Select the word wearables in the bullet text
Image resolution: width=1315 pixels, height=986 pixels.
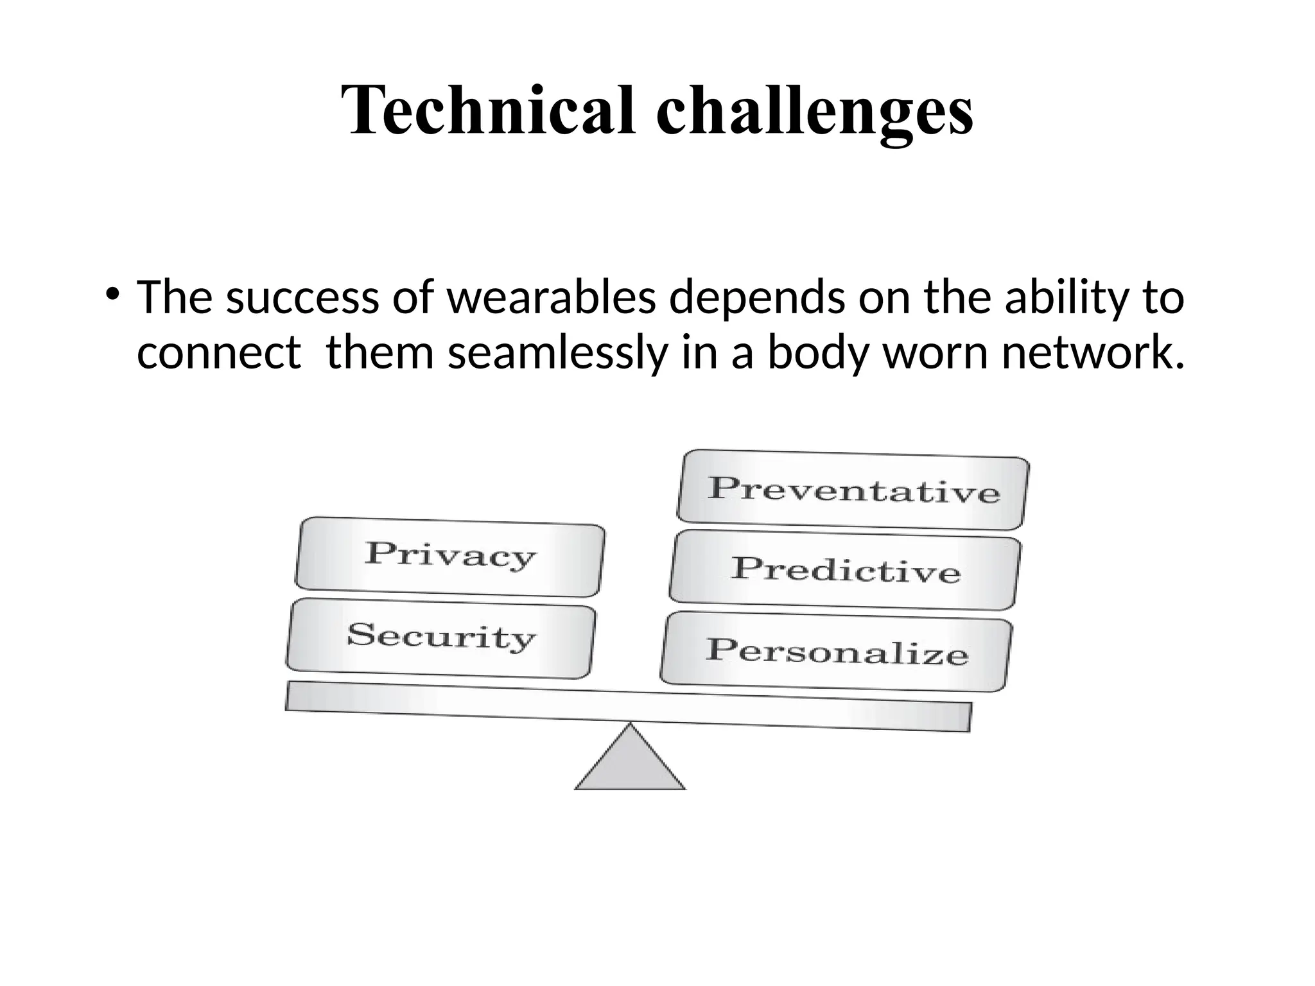[551, 298]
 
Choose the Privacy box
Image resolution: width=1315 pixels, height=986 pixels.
[449, 556]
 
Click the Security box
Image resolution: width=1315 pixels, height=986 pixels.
[440, 637]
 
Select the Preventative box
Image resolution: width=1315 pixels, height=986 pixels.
[853, 490]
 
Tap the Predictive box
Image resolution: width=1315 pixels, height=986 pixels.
[845, 570]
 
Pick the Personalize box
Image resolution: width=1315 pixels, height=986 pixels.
[836, 651]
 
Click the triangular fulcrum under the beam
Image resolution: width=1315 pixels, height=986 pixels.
[630, 764]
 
